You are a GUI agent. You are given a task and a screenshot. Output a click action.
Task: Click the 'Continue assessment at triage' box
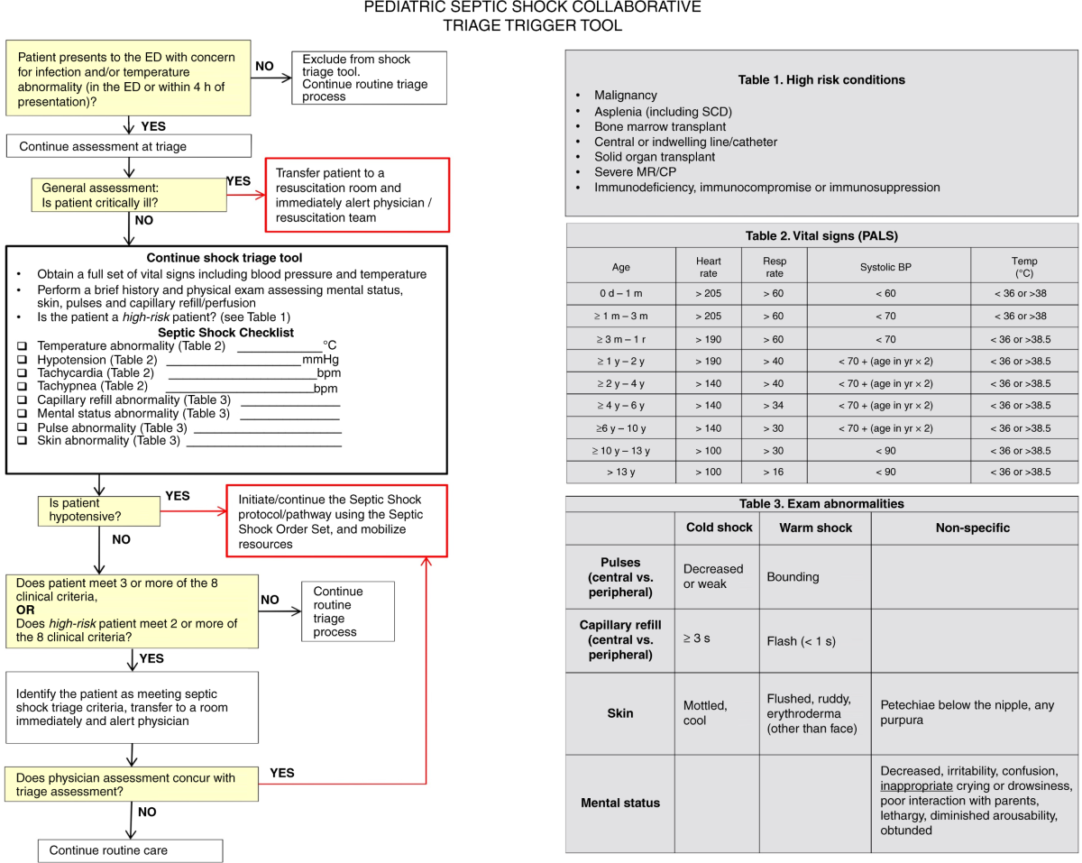(x=129, y=146)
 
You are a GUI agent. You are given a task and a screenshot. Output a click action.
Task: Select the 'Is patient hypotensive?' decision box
(x=97, y=510)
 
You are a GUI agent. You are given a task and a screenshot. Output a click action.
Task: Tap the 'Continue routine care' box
(x=130, y=850)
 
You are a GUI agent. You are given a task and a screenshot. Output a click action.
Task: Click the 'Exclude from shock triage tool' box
(x=369, y=78)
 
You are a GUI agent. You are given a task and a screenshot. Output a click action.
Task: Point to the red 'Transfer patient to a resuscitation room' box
(x=357, y=195)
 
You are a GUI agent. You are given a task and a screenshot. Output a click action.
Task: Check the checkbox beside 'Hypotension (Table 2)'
(x=22, y=360)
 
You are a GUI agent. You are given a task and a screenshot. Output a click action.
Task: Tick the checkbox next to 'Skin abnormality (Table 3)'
(x=22, y=441)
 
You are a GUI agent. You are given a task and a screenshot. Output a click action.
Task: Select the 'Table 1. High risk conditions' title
(x=821, y=79)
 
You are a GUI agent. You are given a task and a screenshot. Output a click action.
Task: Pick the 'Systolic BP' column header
(x=888, y=267)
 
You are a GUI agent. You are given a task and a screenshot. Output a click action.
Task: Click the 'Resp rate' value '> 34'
(x=775, y=405)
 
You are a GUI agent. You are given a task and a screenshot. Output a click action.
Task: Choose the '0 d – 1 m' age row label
(x=620, y=293)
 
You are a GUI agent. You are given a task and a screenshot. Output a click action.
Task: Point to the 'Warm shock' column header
(x=816, y=528)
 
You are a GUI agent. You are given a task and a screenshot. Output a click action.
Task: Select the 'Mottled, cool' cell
(x=705, y=713)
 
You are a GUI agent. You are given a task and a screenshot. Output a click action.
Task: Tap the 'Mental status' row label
(x=620, y=803)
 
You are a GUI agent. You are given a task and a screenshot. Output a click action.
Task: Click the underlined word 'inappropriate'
(x=916, y=785)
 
